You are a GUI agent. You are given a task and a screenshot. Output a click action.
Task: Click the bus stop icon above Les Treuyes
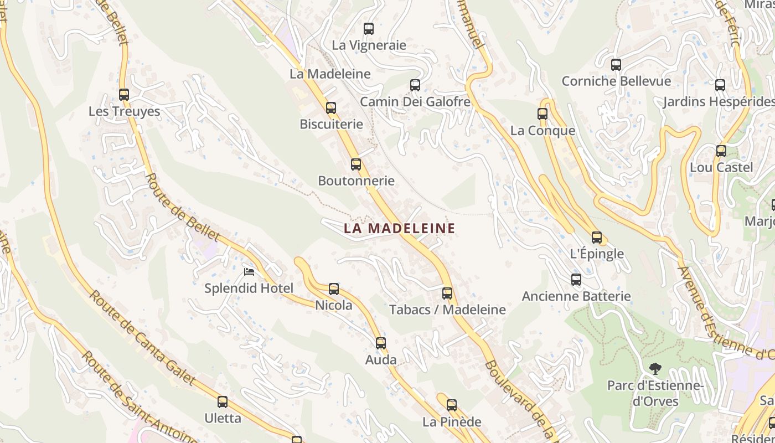point(124,95)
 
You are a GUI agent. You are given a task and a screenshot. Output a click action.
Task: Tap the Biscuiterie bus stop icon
point(331,108)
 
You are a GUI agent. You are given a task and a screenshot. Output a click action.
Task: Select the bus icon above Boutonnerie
point(356,164)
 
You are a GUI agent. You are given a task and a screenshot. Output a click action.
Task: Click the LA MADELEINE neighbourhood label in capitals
point(400,228)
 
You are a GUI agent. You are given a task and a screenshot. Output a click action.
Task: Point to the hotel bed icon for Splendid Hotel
point(250,272)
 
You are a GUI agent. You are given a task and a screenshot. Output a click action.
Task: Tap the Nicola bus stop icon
point(334,289)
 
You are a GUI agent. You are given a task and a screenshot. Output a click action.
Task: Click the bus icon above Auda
point(381,343)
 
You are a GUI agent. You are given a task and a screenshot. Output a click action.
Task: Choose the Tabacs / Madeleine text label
point(447,310)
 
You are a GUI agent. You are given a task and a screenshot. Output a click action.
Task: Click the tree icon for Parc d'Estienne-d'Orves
point(655,368)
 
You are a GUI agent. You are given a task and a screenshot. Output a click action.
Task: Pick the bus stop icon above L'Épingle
point(597,238)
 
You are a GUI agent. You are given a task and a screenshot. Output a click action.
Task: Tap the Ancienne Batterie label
point(576,296)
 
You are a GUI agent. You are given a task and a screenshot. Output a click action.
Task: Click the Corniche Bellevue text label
point(616,81)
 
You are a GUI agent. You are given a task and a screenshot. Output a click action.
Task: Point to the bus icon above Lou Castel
point(721,151)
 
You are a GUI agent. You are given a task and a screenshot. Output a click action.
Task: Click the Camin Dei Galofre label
point(415,102)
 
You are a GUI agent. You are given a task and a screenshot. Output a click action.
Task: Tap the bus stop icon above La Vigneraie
point(369,29)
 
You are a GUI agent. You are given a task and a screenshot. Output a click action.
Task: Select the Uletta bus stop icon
point(223,402)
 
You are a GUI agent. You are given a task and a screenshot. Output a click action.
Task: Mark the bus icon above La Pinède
point(452,405)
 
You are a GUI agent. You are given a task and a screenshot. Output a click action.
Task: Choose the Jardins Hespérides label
point(719,102)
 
